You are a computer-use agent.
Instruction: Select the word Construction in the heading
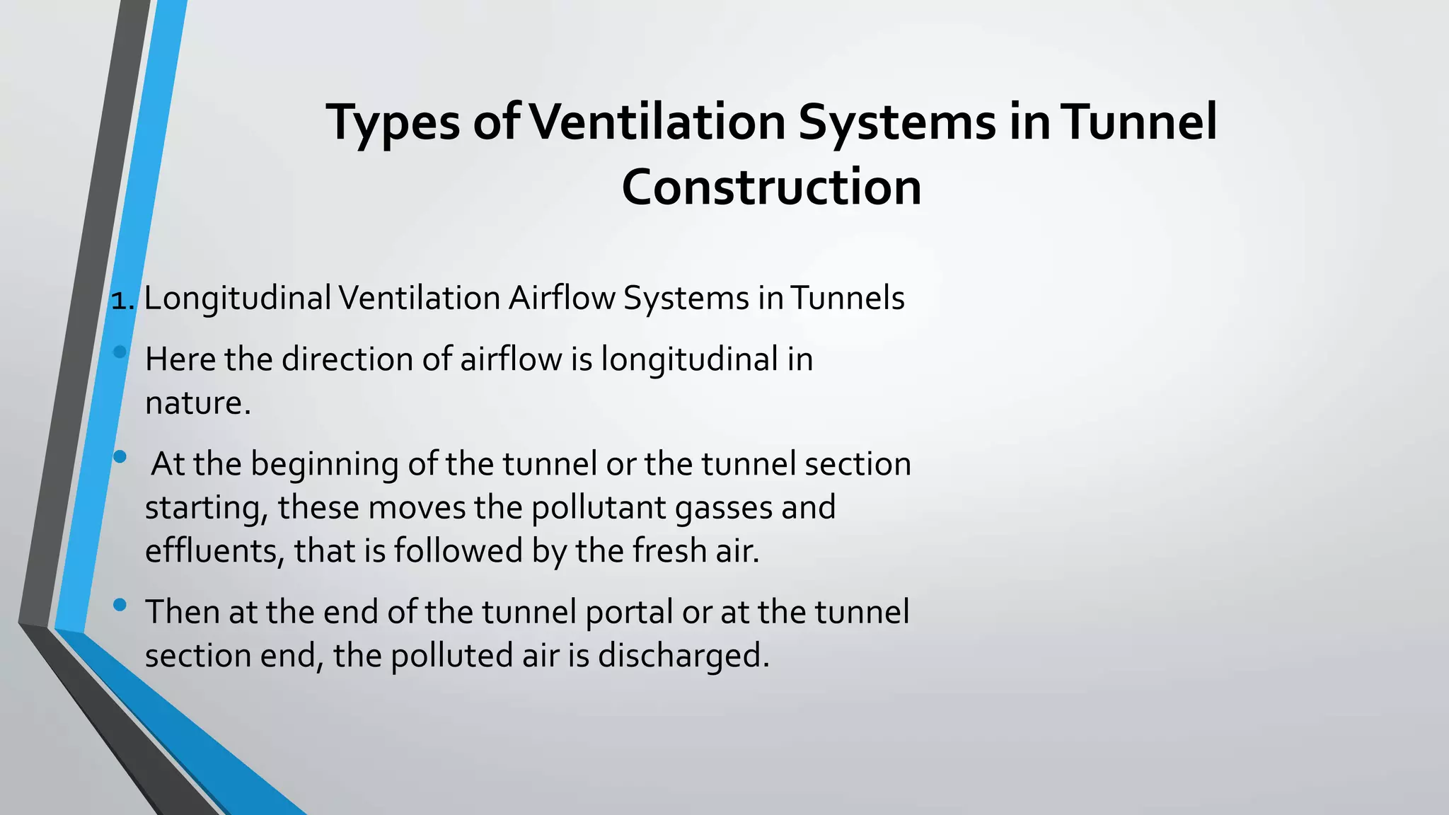(771, 187)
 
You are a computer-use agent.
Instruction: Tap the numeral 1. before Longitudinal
(122, 300)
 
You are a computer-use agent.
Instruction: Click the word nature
(197, 403)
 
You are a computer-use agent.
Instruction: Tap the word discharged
(683, 656)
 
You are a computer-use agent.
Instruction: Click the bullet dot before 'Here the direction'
(120, 352)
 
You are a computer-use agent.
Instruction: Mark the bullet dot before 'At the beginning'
(120, 457)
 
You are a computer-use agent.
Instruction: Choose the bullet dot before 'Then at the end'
(120, 605)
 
